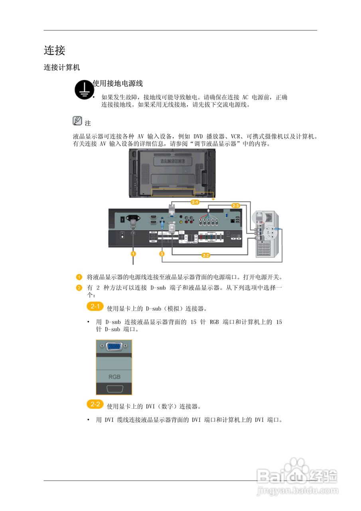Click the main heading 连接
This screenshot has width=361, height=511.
(x=54, y=50)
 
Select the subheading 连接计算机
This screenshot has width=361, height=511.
(x=62, y=68)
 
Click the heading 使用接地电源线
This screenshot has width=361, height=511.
(x=118, y=83)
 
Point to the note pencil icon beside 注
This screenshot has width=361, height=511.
(x=77, y=120)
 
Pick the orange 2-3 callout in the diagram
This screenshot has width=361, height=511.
(x=235, y=206)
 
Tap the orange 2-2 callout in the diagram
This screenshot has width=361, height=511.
(x=206, y=255)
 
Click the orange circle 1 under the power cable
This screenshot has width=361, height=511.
(x=133, y=254)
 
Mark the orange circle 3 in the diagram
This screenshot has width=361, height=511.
(x=162, y=254)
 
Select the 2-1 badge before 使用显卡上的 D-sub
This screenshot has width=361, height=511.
(x=95, y=307)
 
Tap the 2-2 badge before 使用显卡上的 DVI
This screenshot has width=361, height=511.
(x=95, y=404)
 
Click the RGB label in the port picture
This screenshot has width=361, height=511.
(x=114, y=376)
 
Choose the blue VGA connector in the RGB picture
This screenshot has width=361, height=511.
(x=114, y=346)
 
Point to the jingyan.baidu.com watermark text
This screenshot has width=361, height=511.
(x=297, y=490)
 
